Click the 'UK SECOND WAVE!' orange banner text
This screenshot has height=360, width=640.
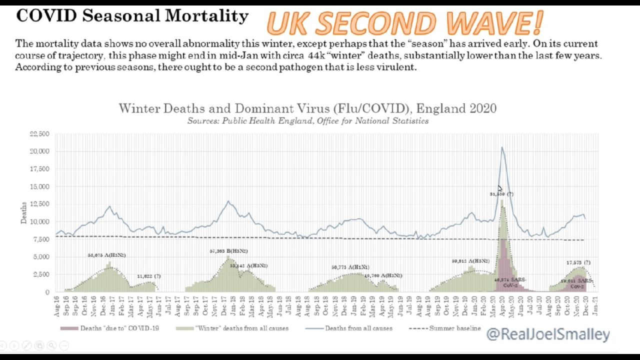tap(404, 23)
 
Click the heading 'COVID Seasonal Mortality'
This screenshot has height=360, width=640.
tap(132, 16)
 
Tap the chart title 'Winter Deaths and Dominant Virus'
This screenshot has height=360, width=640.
tap(307, 108)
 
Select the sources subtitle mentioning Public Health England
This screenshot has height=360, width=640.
tap(307, 120)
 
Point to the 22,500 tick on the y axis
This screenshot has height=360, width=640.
tap(40, 134)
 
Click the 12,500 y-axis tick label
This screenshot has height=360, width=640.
tap(40, 204)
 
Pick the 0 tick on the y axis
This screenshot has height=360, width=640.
tap(47, 292)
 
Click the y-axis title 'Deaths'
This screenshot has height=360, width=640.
tap(23, 213)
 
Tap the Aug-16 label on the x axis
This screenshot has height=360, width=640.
tap(57, 306)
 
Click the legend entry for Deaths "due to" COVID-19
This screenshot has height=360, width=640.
tap(117, 328)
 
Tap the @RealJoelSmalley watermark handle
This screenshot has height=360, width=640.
tap(548, 334)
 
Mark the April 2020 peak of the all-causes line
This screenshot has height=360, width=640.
tap(502, 147)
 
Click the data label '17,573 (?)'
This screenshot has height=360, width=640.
tap(578, 262)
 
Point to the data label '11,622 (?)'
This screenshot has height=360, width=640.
tap(149, 276)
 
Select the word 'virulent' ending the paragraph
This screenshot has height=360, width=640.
tap(398, 67)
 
